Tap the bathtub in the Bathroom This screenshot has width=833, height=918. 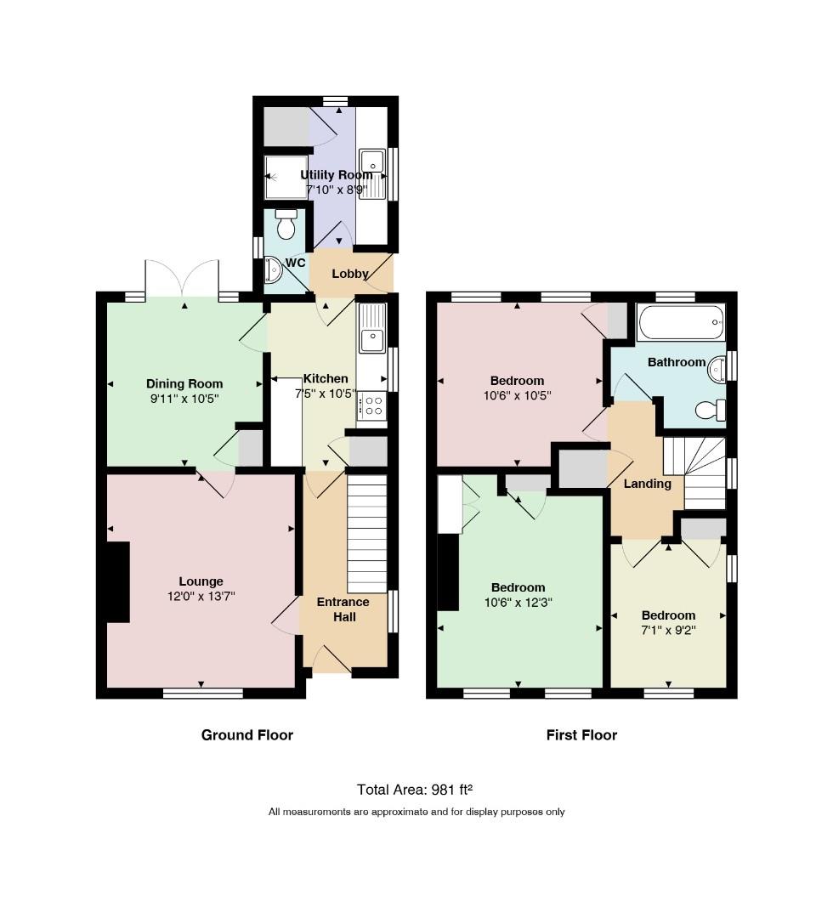(x=682, y=322)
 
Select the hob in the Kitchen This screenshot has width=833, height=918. (x=372, y=405)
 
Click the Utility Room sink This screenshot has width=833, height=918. (x=372, y=174)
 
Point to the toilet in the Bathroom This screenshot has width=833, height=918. (x=711, y=409)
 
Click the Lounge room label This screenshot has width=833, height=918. (x=201, y=581)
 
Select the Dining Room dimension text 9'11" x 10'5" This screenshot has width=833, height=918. (x=184, y=399)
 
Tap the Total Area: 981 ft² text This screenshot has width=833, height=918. (x=415, y=790)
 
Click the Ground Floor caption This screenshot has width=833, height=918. (x=247, y=735)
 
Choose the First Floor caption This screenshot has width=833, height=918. (x=582, y=735)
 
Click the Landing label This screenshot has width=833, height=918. (x=648, y=484)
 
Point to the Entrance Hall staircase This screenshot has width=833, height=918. (x=367, y=534)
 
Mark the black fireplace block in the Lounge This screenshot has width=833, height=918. (x=118, y=582)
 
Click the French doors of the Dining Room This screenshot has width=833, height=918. (x=183, y=279)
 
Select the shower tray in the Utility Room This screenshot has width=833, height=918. (x=286, y=177)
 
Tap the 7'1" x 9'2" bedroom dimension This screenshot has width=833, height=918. (x=668, y=631)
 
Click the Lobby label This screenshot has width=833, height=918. (x=350, y=274)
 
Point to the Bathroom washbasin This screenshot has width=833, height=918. (x=717, y=370)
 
